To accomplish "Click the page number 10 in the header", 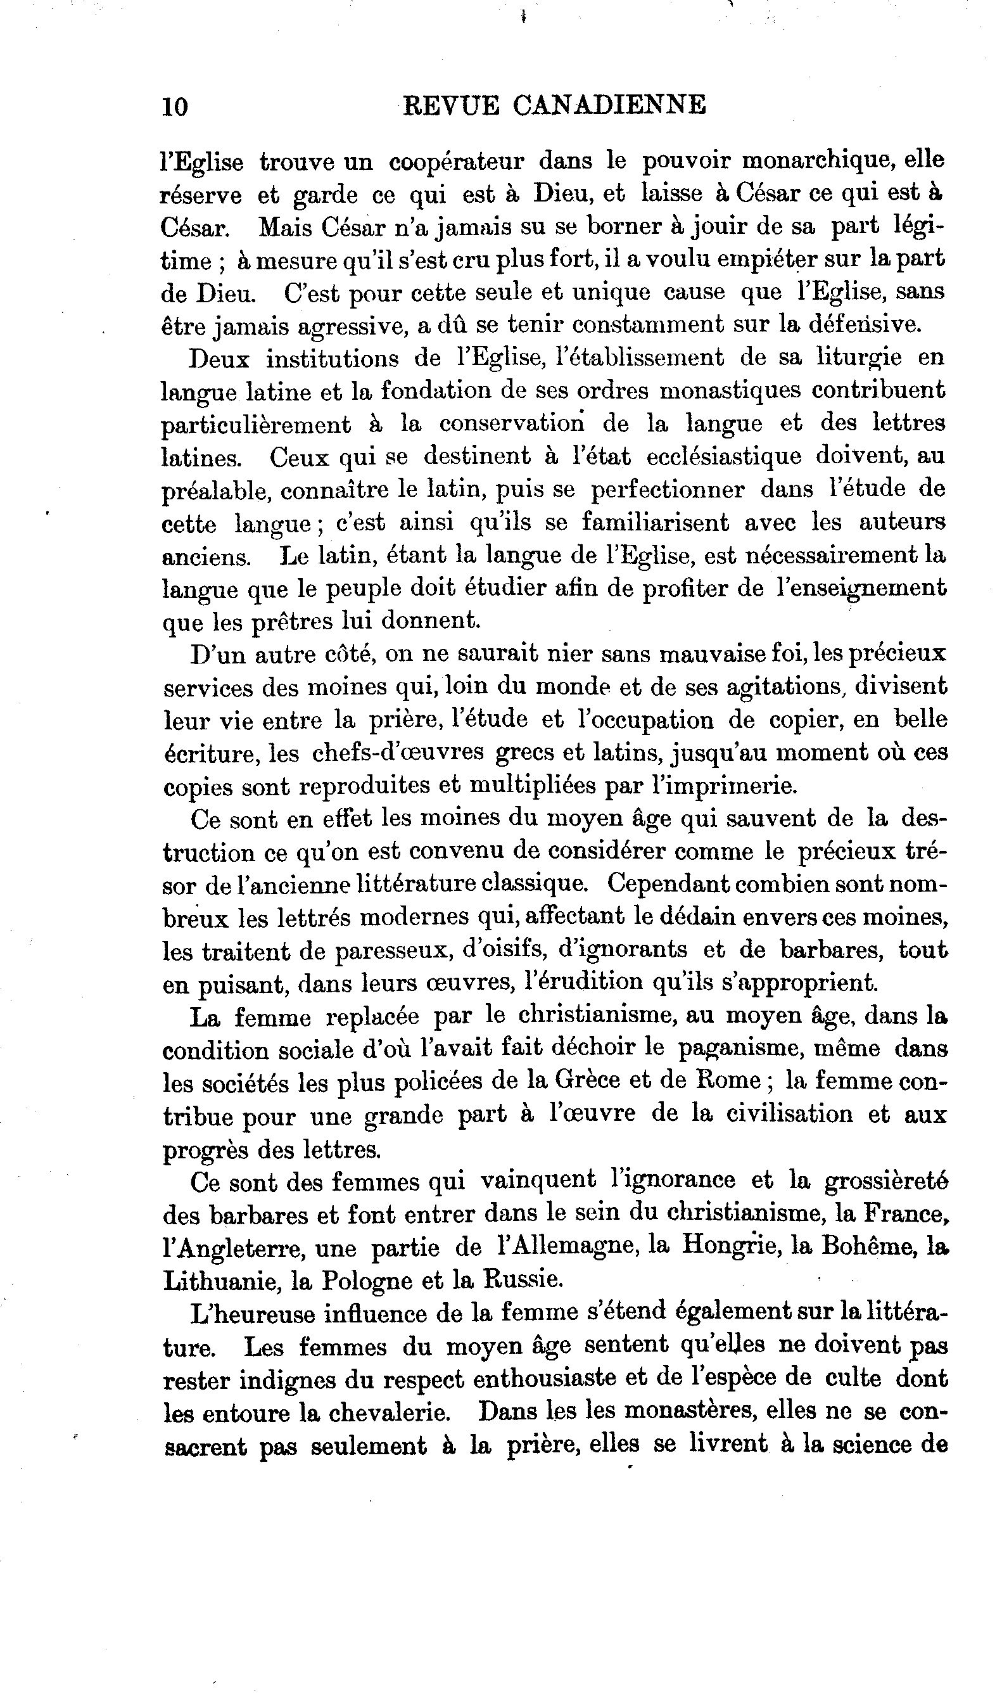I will coord(175,106).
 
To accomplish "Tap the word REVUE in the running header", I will coord(450,105).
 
